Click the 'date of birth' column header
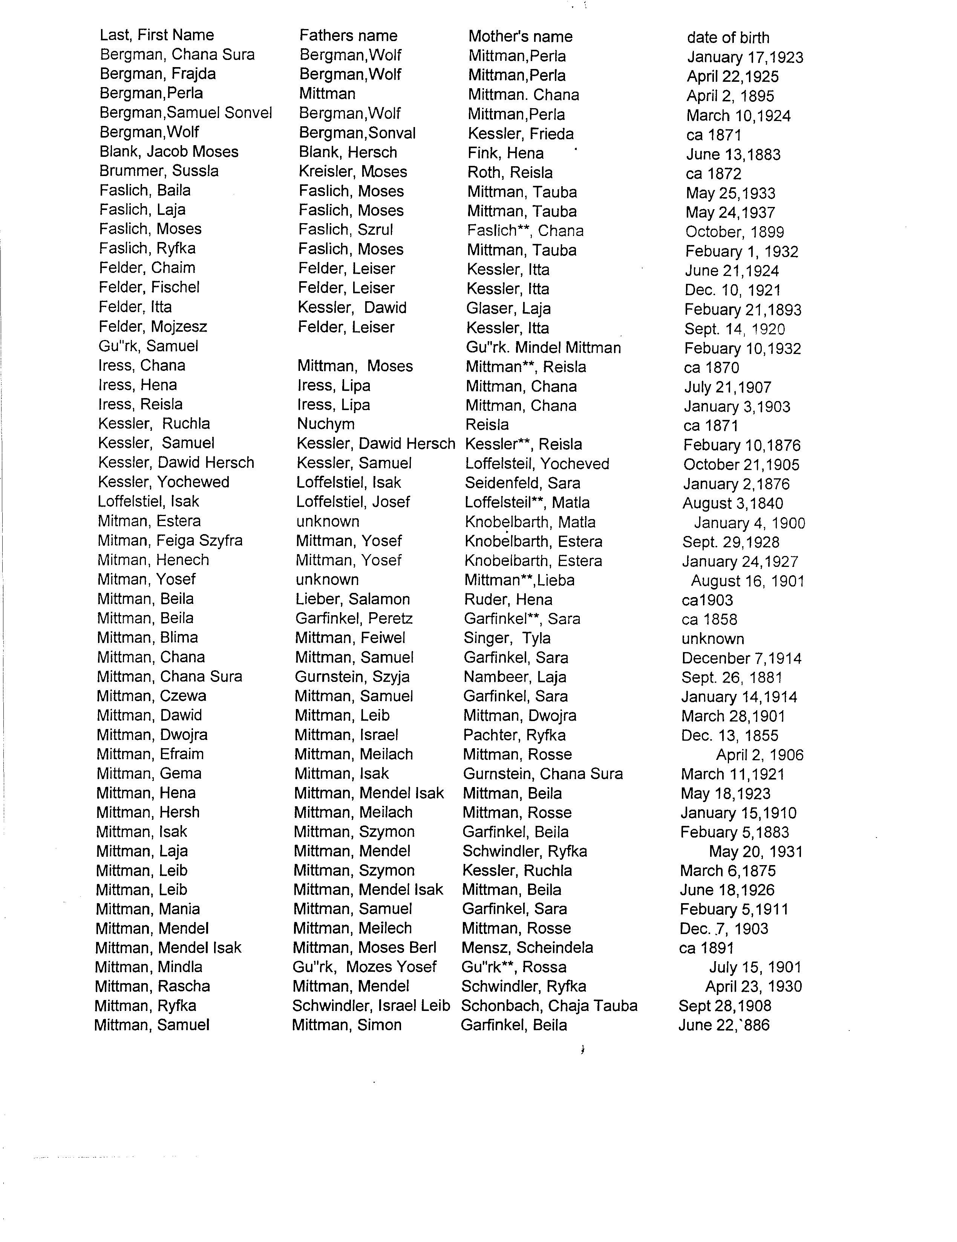(x=728, y=38)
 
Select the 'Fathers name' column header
(x=348, y=36)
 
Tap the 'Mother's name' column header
(x=520, y=37)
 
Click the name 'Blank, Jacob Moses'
(x=169, y=152)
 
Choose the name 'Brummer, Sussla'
(x=159, y=171)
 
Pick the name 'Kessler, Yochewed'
(x=164, y=482)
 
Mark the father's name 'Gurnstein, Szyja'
(x=352, y=677)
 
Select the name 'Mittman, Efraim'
(x=150, y=754)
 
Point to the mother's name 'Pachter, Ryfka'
(x=514, y=735)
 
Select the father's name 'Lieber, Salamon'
(x=352, y=599)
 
